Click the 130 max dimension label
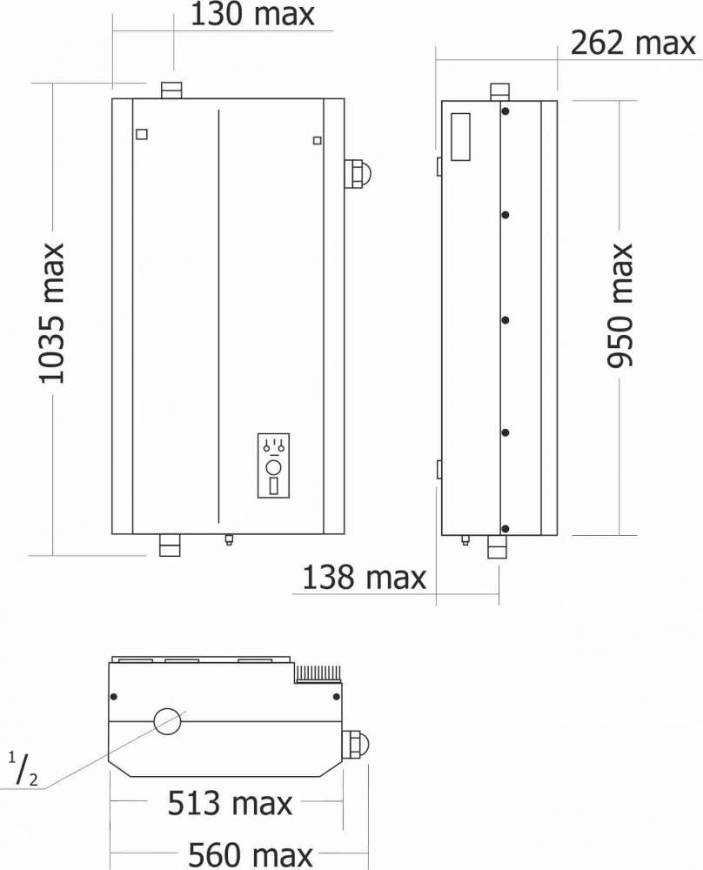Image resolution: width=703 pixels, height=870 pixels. pyautogui.click(x=252, y=15)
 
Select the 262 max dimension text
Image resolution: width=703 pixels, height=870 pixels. pyautogui.click(x=633, y=43)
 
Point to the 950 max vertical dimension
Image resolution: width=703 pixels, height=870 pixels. pyautogui.click(x=619, y=305)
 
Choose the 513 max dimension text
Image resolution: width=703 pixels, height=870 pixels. pyautogui.click(x=230, y=803)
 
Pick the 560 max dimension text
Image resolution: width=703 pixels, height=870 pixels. pyautogui.click(x=251, y=855)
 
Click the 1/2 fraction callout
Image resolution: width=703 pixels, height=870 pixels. pyautogui.click(x=23, y=770)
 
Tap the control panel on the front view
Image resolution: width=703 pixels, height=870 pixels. pyautogui.click(x=273, y=465)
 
